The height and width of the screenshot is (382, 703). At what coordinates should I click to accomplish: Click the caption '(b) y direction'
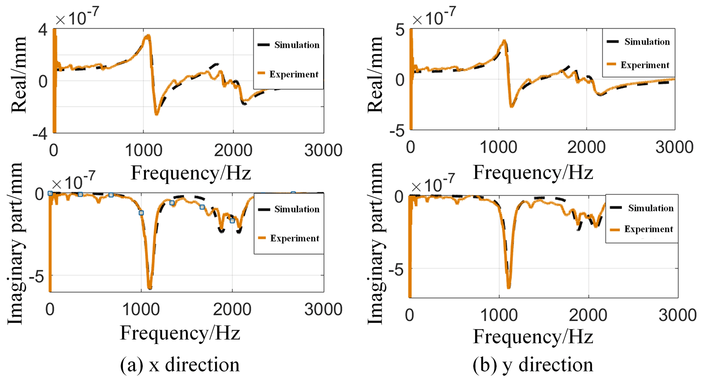coord(533,365)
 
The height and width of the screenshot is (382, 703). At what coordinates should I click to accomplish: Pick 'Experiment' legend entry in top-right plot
coord(645,65)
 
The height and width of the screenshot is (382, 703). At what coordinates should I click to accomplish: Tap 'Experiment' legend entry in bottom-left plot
coord(295,238)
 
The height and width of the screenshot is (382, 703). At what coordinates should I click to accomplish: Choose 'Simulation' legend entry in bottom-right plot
coord(650,208)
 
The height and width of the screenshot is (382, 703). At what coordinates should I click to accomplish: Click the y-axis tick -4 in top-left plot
coord(40,134)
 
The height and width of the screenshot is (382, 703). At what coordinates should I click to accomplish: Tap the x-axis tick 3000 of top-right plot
coord(674,148)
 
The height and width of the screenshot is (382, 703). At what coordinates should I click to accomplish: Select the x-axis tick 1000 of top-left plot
coord(143,150)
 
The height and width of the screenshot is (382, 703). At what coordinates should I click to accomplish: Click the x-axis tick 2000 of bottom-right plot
coord(588,315)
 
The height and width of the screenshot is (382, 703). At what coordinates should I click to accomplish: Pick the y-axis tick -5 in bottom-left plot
coord(37,277)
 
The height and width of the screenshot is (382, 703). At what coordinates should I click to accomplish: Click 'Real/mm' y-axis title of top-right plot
coord(375,75)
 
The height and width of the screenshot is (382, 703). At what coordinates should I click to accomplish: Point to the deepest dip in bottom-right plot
coord(508,287)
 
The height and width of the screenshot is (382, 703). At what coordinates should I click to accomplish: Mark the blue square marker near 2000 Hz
coord(232,221)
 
